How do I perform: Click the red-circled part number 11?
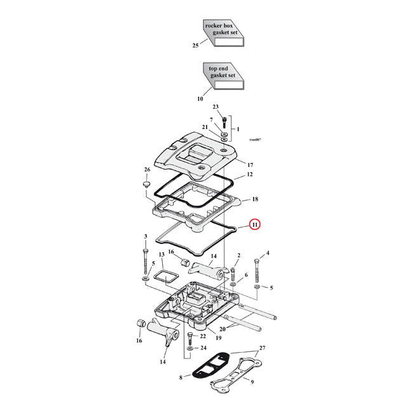coord(254,224)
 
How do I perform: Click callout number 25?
coord(196,46)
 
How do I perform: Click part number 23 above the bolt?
coord(215,107)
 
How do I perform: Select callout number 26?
coord(147,170)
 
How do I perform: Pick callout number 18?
coord(254,199)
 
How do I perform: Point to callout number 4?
coord(267,254)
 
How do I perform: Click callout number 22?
coord(203,336)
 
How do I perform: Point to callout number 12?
coord(250,174)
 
